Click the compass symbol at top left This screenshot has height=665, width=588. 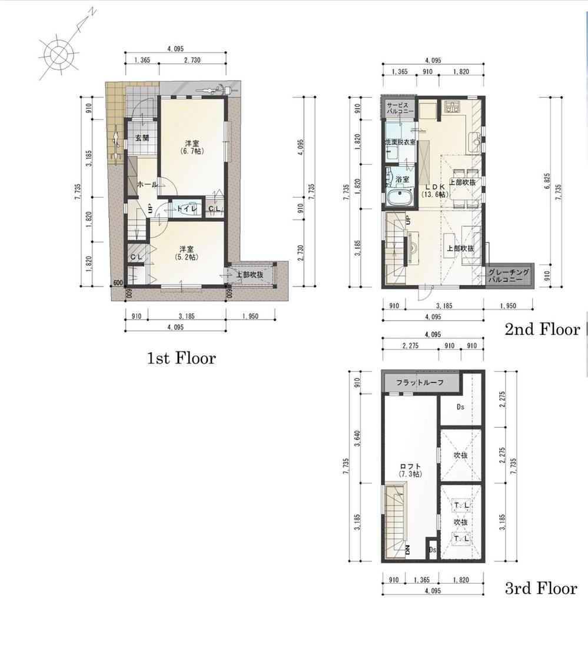click(x=57, y=55)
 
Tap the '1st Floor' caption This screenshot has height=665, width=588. click(x=181, y=358)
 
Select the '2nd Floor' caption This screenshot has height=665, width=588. click(x=542, y=330)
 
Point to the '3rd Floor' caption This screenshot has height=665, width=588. click(x=541, y=588)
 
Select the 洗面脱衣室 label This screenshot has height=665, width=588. click(x=400, y=142)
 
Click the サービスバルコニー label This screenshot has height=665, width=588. click(x=400, y=108)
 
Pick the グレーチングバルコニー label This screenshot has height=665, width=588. click(x=509, y=276)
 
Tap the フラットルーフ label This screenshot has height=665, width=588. click(x=419, y=384)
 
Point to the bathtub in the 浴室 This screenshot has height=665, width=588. click(x=400, y=197)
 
